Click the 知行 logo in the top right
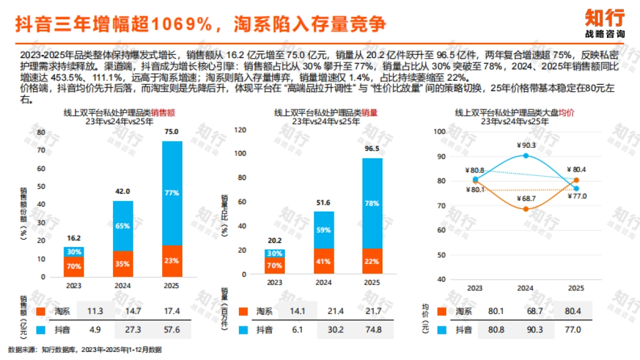(604, 23)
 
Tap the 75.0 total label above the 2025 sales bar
(171, 132)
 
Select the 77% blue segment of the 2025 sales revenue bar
(171, 193)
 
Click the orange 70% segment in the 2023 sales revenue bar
(74, 267)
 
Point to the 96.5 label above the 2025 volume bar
(372, 149)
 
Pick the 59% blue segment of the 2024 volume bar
(323, 230)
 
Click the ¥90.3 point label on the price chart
(526, 145)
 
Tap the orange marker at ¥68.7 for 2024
(526, 209)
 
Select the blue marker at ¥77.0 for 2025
(576, 189)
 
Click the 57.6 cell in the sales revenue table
(171, 330)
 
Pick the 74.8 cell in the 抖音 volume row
(373, 330)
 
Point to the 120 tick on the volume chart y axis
(240, 130)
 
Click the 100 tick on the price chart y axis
(439, 131)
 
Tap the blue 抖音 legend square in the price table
(442, 330)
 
